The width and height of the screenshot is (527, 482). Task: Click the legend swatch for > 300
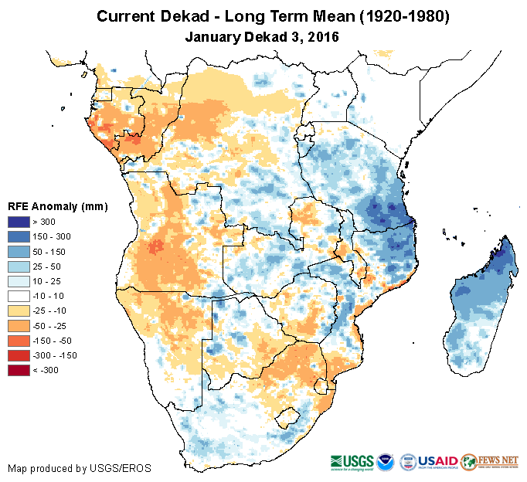(x=19, y=221)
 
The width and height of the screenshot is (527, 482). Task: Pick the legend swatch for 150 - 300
(x=19, y=236)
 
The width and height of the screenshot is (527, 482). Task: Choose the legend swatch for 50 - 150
(x=19, y=251)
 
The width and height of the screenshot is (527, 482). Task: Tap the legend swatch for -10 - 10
(x=19, y=296)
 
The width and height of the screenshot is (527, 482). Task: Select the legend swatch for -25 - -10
(x=19, y=311)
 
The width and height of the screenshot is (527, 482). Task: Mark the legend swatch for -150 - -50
(x=19, y=341)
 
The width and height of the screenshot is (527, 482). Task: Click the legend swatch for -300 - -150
(x=19, y=355)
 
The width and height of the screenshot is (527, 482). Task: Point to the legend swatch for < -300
(x=19, y=370)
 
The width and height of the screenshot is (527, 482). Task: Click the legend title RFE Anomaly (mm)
(x=58, y=206)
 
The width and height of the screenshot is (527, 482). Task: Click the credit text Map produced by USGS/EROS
(x=80, y=468)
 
